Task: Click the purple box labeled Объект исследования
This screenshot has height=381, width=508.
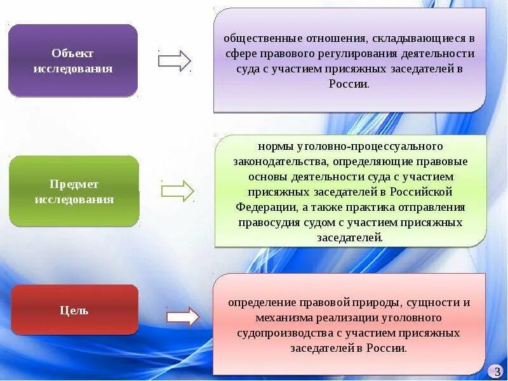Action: point(73,60)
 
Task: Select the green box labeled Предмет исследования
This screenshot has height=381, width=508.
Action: point(74,191)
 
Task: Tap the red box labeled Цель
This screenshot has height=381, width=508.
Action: point(74,310)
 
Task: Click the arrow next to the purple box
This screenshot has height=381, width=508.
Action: point(175,60)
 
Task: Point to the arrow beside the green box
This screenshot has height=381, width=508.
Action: point(178,190)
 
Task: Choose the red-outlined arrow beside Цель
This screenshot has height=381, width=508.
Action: point(183,316)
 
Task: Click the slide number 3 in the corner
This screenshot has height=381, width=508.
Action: point(497,371)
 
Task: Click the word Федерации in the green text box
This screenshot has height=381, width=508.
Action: point(265,207)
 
